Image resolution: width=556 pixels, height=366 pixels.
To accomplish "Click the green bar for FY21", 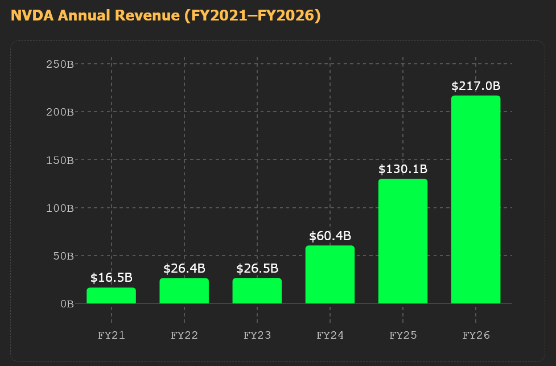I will pyautogui.click(x=112, y=295).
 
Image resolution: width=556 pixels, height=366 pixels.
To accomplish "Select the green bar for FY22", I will pyautogui.click(x=184, y=291).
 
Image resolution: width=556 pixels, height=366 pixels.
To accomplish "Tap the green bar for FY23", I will pyautogui.click(x=257, y=291).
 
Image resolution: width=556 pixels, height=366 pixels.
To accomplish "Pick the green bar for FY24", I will pyautogui.click(x=330, y=274).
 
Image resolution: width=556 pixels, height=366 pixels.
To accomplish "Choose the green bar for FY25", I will pyautogui.click(x=403, y=241).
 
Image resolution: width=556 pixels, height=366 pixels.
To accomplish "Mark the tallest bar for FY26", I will pyautogui.click(x=476, y=199).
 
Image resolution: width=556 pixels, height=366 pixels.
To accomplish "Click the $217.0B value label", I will pyautogui.click(x=476, y=86).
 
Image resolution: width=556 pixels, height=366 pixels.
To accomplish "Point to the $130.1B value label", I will pyautogui.click(x=403, y=169).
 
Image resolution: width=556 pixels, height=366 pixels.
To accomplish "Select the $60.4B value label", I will pyautogui.click(x=330, y=236).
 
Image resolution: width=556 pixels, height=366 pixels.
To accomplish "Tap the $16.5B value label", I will pyautogui.click(x=112, y=278).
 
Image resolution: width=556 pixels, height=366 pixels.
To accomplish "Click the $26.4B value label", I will pyautogui.click(x=184, y=268).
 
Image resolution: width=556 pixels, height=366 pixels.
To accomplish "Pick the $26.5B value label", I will pyautogui.click(x=257, y=268).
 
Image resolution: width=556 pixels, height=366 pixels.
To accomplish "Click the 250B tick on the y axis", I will pyautogui.click(x=60, y=63).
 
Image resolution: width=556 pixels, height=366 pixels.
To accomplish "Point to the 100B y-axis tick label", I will pyautogui.click(x=60, y=207).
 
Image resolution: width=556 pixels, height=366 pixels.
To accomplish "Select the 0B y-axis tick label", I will pyautogui.click(x=67, y=303).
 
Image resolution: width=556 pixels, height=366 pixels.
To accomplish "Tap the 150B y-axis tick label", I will pyautogui.click(x=60, y=159).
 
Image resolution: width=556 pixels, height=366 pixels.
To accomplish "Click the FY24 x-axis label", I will pyautogui.click(x=330, y=335).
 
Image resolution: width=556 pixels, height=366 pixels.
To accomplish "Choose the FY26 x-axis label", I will pyautogui.click(x=476, y=335).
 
